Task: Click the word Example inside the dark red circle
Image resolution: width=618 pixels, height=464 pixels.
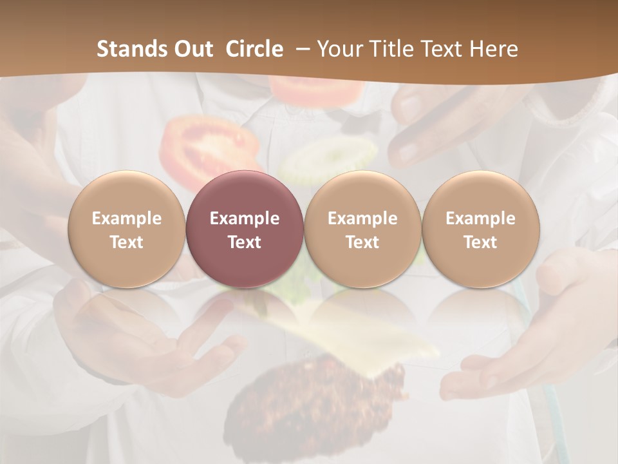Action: coord(245,218)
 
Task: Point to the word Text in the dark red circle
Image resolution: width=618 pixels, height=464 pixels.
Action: coord(245,242)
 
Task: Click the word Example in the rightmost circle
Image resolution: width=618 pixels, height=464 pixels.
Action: coord(481,218)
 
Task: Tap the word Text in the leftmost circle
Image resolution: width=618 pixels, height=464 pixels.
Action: coord(126,242)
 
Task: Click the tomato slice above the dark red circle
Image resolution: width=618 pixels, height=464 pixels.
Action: coord(206,145)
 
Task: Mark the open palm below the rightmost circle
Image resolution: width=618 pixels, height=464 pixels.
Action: coord(515,361)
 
